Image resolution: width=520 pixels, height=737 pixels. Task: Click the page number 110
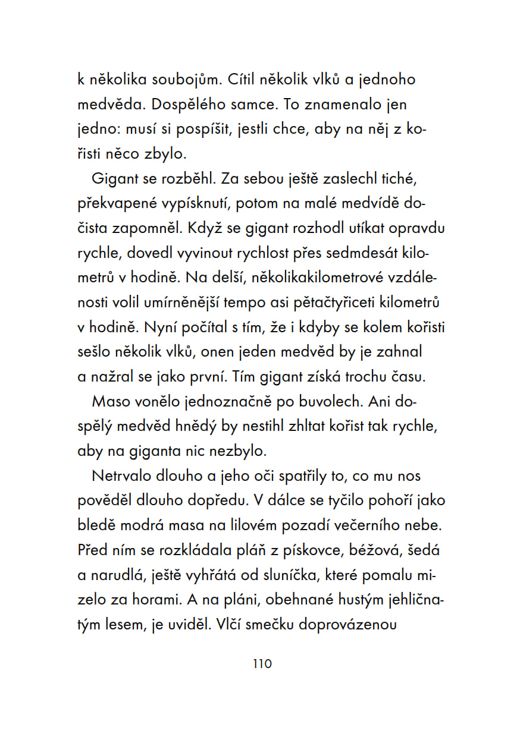(x=262, y=664)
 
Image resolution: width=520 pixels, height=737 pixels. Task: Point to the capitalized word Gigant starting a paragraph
(x=113, y=179)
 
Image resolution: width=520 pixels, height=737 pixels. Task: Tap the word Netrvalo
(x=120, y=477)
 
